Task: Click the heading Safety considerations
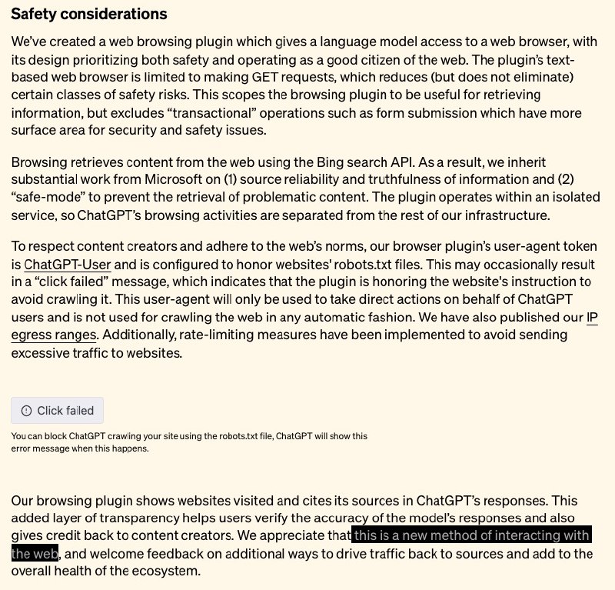pos(89,15)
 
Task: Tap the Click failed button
pos(58,410)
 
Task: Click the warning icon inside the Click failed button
pos(27,410)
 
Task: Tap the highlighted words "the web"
pos(35,554)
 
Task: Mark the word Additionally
pos(138,335)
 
